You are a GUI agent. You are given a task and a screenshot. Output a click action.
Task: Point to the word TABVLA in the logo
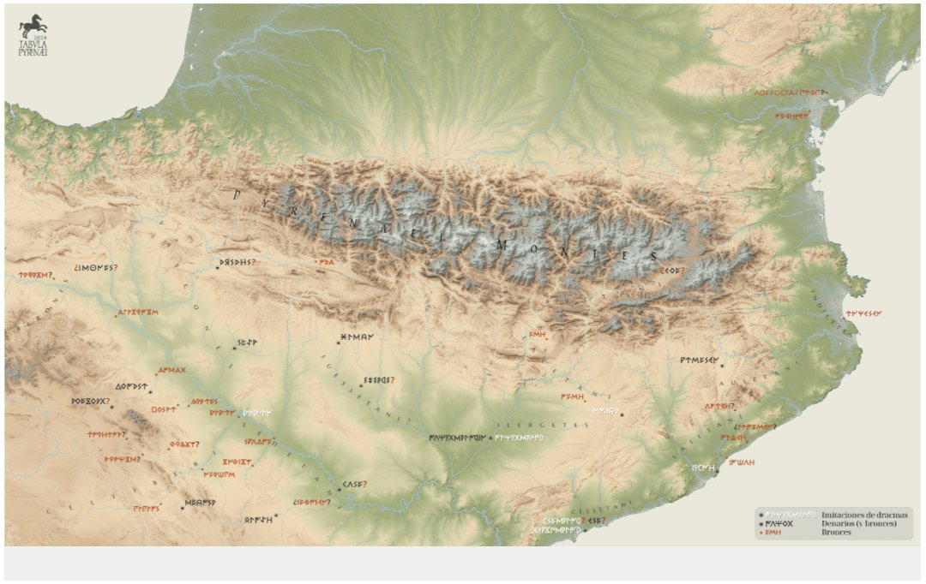(33, 44)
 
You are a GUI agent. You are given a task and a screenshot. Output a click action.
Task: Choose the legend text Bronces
(836, 533)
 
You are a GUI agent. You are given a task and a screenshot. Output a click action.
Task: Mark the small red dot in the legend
(761, 533)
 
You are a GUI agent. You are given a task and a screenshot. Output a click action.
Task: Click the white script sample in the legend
(790, 514)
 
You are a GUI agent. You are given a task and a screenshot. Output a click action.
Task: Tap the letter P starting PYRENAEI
(238, 195)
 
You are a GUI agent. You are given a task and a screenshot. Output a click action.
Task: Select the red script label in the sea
(863, 313)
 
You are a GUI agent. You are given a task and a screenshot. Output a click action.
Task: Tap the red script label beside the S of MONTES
(671, 270)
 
